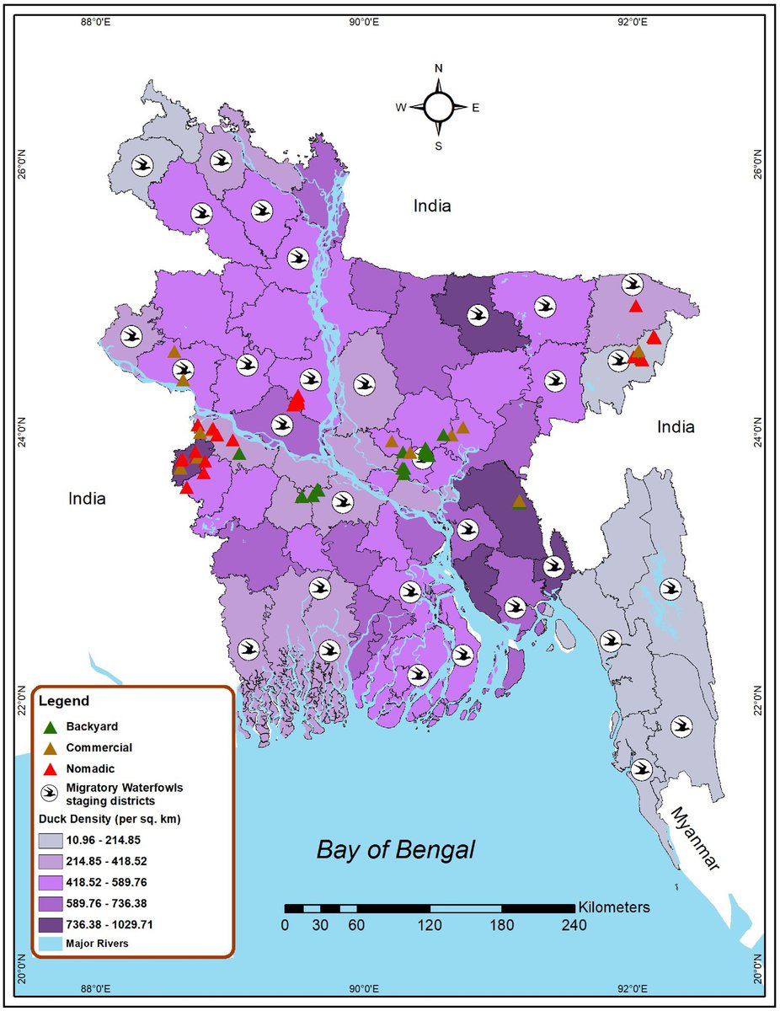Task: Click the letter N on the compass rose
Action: (438, 68)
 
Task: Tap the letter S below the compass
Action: (438, 146)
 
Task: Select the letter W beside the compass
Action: (401, 107)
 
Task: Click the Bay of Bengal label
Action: (395, 850)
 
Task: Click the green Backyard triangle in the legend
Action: (51, 726)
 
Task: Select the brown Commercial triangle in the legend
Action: (51, 747)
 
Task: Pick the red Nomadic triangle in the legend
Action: (51, 768)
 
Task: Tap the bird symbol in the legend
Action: (51, 794)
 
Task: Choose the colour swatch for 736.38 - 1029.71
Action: (51, 924)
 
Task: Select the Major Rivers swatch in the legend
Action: (51, 944)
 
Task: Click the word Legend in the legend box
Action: (64, 701)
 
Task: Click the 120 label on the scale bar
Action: (430, 925)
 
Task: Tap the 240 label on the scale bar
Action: (574, 925)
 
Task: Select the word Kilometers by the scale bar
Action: (614, 907)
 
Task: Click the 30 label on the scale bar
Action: (321, 925)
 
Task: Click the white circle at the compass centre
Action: (438, 107)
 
